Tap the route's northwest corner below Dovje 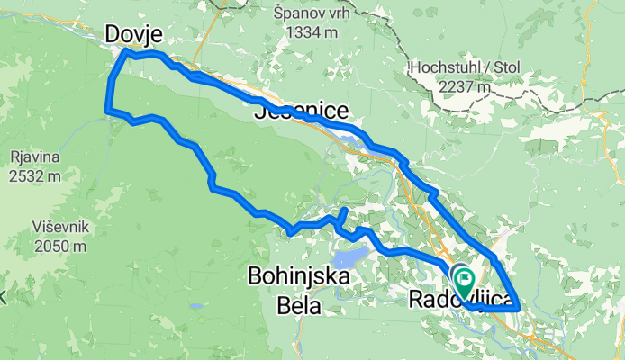click(123, 54)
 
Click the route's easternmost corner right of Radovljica click(520, 307)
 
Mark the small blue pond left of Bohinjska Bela click(195, 306)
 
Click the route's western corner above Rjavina click(108, 110)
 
